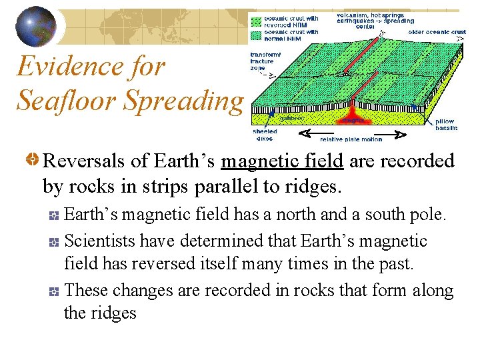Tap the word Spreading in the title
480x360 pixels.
point(183,100)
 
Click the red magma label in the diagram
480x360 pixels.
point(353,121)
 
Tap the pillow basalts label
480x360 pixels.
point(445,125)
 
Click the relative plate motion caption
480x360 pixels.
point(351,139)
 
